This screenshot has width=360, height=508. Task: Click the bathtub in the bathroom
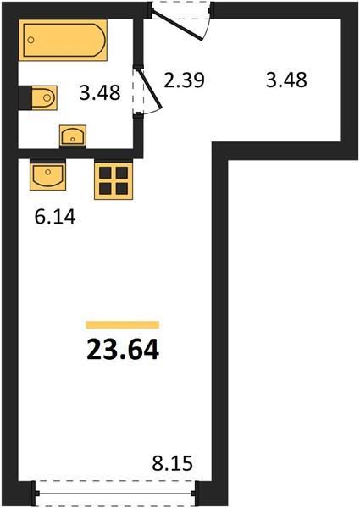[63, 40]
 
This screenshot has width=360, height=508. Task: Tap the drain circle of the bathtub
[30, 40]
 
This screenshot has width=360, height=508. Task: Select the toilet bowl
[45, 97]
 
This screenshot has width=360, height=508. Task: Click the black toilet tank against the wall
[25, 97]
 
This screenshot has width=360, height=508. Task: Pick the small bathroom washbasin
[73, 135]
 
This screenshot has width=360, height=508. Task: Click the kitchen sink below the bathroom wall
[48, 175]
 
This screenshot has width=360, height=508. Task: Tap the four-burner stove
[114, 180]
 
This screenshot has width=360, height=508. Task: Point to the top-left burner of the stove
[105, 173]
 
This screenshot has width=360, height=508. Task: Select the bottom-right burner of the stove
[122, 188]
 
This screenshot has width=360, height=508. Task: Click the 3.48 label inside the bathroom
[100, 92]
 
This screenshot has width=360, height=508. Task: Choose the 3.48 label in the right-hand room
[286, 80]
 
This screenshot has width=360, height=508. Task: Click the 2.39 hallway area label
[184, 80]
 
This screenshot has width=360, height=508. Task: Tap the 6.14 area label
[55, 217]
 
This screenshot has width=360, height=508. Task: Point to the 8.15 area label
[173, 463]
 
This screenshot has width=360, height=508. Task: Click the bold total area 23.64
[123, 350]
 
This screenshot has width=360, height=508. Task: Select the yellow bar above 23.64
[123, 324]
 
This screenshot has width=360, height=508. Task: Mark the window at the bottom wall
[116, 494]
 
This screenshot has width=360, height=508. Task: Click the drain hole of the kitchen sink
[48, 171]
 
